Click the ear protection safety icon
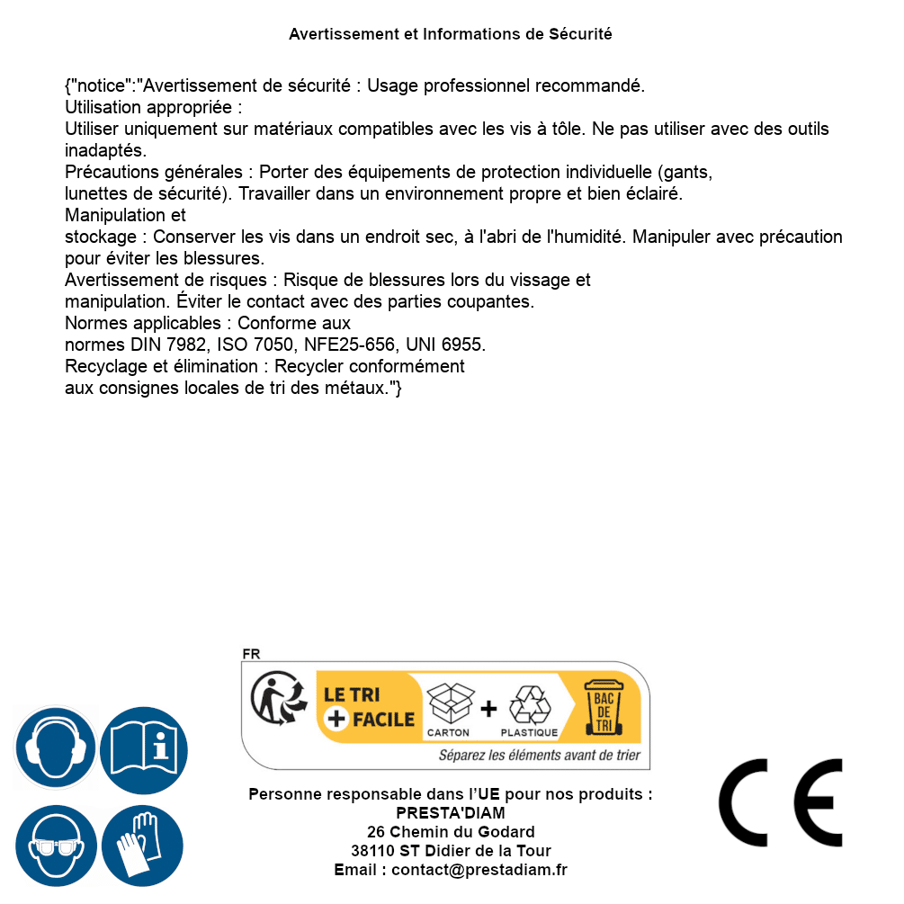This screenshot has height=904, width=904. click(x=56, y=748)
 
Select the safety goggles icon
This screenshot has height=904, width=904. click(x=56, y=846)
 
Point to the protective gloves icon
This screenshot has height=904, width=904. click(x=142, y=846)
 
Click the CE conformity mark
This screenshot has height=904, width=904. click(x=780, y=803)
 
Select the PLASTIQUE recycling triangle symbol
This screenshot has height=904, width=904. click(x=529, y=705)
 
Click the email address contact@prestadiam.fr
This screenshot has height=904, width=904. click(x=479, y=870)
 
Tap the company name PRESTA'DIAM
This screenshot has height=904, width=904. click(x=451, y=813)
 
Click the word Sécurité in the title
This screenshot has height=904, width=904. click(x=580, y=34)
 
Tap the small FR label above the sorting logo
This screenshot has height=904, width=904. click(x=251, y=654)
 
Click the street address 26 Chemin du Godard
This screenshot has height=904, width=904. click(x=451, y=832)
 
